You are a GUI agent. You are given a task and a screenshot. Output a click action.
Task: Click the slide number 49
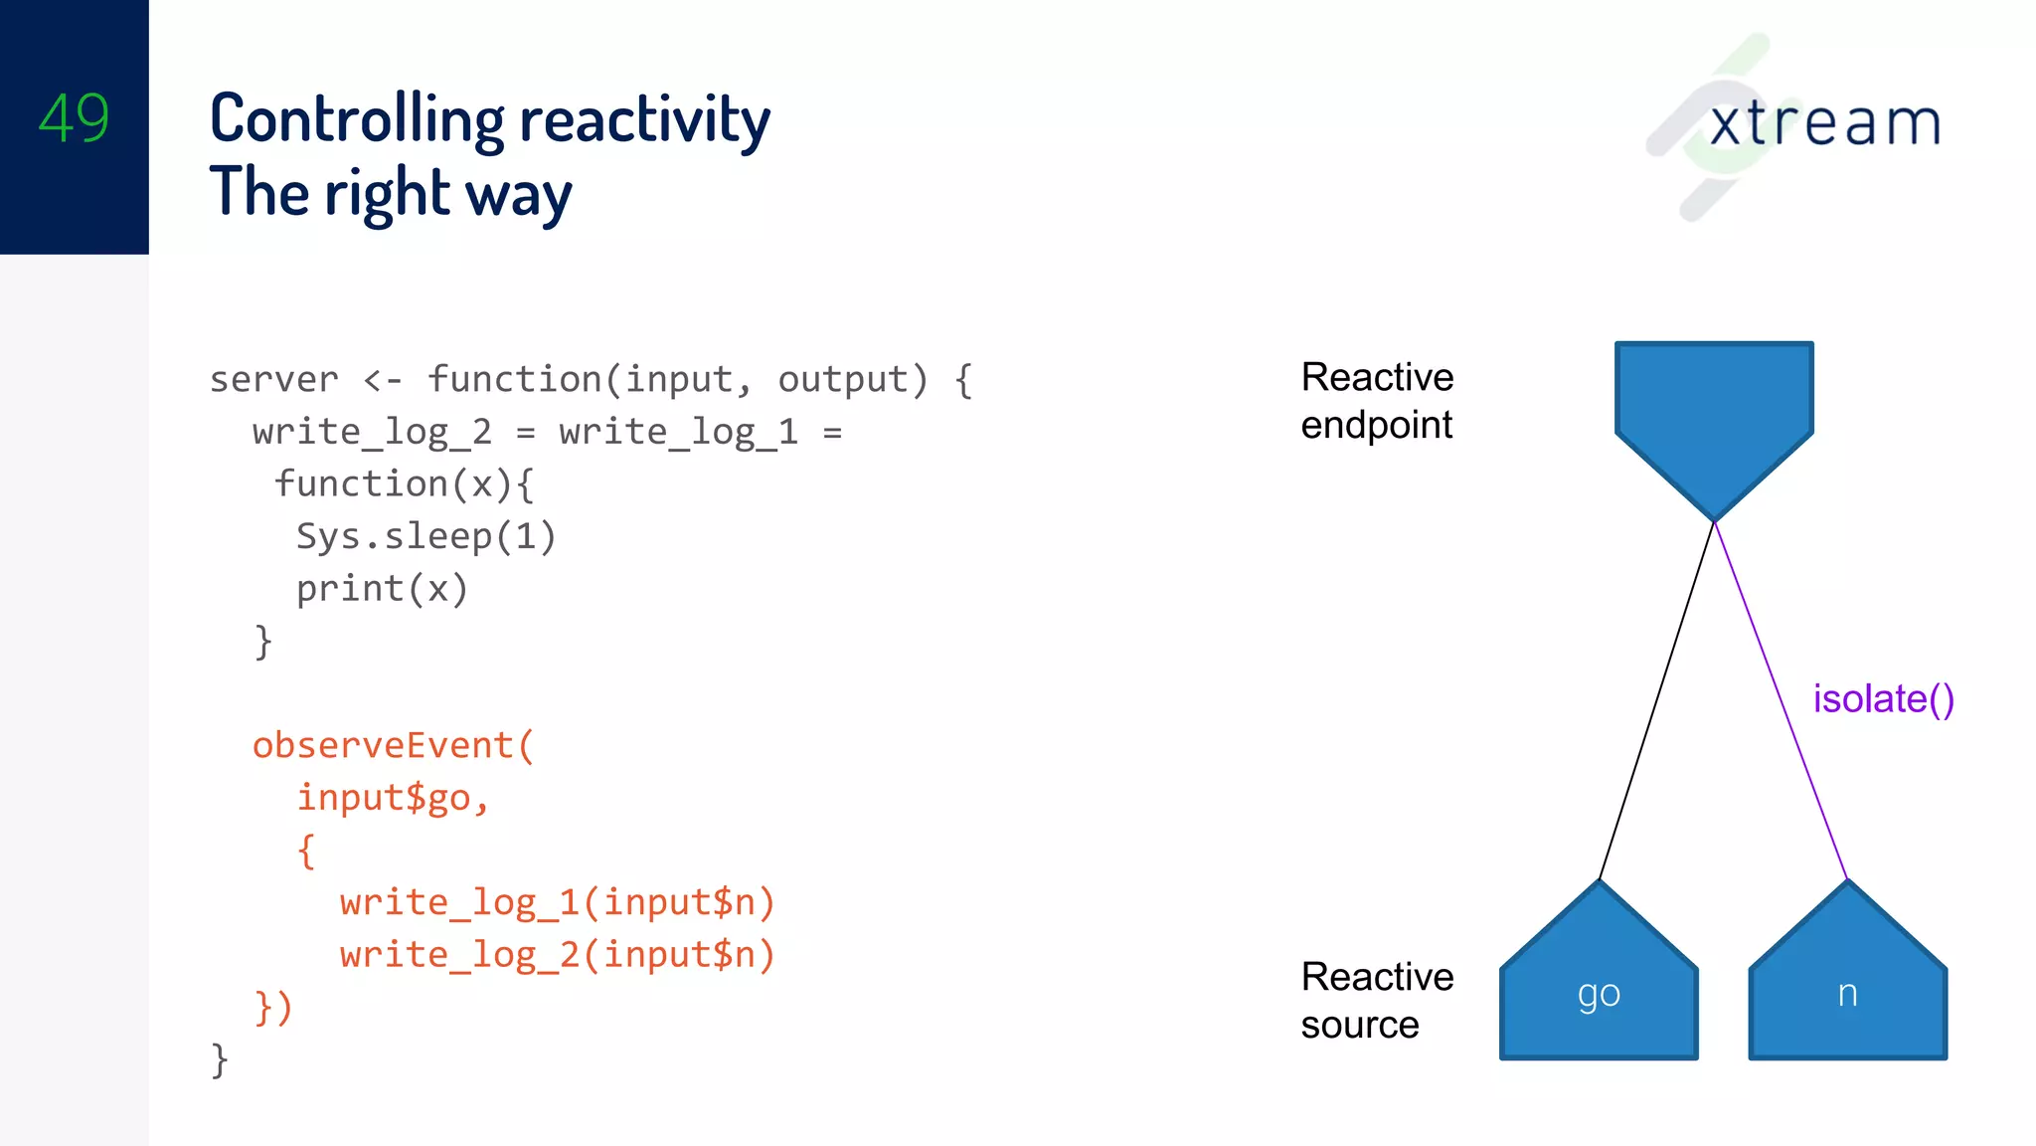(x=74, y=118)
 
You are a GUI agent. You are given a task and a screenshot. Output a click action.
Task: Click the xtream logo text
(x=1824, y=123)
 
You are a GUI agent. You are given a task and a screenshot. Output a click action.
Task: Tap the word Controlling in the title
(x=357, y=120)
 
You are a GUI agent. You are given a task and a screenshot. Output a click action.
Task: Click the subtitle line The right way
(x=390, y=193)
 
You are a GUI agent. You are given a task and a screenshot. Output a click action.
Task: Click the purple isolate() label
(x=1883, y=699)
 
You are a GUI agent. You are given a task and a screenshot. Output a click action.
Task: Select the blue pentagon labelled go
(x=1599, y=985)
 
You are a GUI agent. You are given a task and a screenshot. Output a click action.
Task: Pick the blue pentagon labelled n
(x=1847, y=985)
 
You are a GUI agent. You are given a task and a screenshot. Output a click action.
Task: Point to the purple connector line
(x=1780, y=696)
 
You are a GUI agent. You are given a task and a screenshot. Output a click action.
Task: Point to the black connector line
(x=1658, y=696)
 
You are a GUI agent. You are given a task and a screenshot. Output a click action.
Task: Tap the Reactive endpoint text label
(x=1377, y=401)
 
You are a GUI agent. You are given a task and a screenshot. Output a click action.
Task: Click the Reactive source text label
(x=1377, y=1001)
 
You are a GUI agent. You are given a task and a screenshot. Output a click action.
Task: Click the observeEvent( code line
(x=393, y=745)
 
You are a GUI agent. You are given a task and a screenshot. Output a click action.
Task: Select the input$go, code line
(x=393, y=798)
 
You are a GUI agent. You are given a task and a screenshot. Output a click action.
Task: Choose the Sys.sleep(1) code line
(x=425, y=536)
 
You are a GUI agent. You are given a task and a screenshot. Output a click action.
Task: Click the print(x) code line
(x=382, y=589)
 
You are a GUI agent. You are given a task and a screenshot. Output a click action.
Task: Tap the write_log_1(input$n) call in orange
(x=557, y=902)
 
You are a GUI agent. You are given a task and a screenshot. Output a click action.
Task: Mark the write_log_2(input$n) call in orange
(x=557, y=955)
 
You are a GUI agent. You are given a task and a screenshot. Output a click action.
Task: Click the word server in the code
(x=273, y=380)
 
